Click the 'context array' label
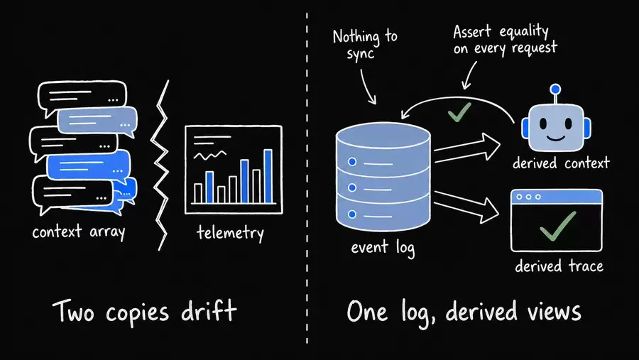click(79, 232)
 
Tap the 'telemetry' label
click(230, 233)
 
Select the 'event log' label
click(383, 248)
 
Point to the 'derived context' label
click(561, 163)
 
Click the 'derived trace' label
click(559, 266)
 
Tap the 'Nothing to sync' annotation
click(365, 44)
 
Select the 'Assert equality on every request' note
click(505, 40)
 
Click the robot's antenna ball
click(555, 89)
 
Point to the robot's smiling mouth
click(556, 138)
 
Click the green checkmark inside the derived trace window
click(557, 227)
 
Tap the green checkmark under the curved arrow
click(459, 112)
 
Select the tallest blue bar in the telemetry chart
click(268, 176)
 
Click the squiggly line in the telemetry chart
click(210, 156)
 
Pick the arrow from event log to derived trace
click(466, 207)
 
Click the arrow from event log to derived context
click(467, 148)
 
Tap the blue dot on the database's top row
click(352, 162)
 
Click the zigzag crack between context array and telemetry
click(160, 165)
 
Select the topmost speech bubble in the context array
click(82, 97)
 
